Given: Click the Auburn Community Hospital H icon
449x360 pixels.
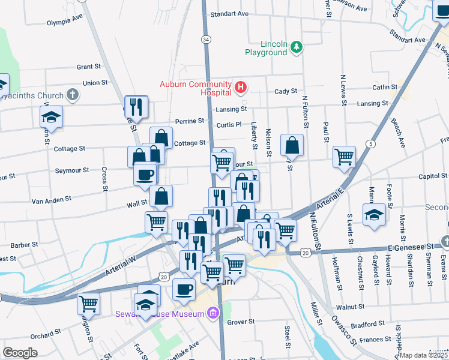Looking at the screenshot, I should coord(241,88).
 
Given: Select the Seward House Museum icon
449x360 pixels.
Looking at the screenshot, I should coord(212,313).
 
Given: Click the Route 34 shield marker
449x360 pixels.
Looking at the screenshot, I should coord(206,39).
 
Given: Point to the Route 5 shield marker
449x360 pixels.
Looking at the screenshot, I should coord(372,144).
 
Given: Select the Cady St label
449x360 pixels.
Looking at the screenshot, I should coord(286,91).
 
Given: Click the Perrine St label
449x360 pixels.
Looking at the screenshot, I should coord(190,121).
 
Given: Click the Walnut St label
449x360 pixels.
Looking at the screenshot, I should coord(355,307).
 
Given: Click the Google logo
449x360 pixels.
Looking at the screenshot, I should coord(20,353).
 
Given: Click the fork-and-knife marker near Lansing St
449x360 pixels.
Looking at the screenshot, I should coord(136,107).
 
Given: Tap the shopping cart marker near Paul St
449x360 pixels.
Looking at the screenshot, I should coord(344,157).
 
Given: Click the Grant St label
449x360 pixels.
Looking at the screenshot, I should coord(88,67).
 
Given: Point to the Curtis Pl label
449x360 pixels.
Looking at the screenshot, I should coord(229,125).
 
